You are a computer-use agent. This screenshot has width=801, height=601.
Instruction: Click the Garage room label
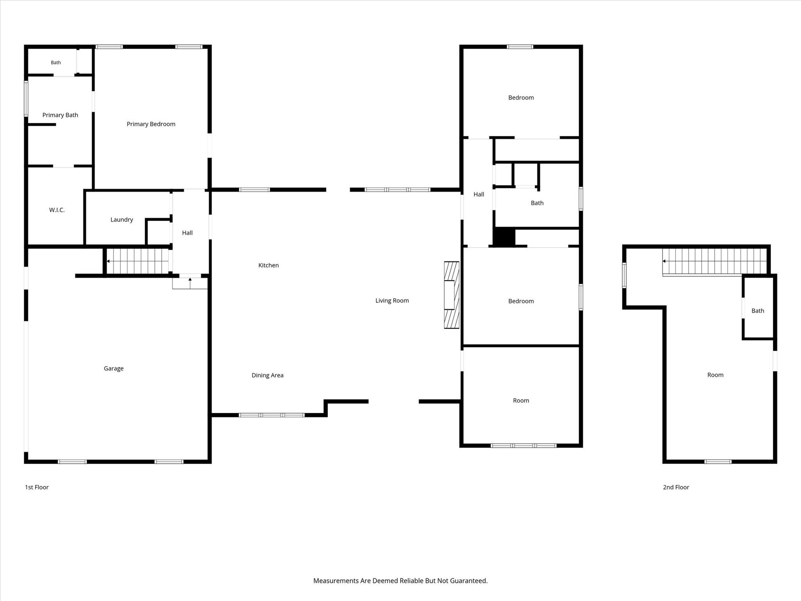(x=113, y=369)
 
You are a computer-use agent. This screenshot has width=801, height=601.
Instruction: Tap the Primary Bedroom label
(x=151, y=124)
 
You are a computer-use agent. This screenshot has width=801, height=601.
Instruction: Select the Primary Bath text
(x=60, y=115)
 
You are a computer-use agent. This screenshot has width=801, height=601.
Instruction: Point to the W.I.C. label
(x=57, y=210)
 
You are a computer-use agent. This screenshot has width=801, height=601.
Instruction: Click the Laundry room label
(x=122, y=220)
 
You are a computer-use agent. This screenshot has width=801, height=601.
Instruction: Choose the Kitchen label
(x=268, y=265)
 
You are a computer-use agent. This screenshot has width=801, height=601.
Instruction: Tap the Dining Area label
(x=268, y=375)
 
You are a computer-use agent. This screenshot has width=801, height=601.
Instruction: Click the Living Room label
(x=392, y=300)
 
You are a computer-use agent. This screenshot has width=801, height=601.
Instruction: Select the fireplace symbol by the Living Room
(x=451, y=295)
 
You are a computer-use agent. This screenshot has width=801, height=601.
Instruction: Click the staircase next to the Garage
(x=138, y=261)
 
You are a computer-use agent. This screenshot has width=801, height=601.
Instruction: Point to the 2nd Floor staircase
(x=714, y=261)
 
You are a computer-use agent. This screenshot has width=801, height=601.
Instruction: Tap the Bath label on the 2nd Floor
(x=758, y=311)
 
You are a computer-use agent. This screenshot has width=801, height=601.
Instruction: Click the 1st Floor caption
(x=37, y=487)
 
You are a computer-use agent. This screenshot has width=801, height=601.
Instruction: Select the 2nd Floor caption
(x=676, y=487)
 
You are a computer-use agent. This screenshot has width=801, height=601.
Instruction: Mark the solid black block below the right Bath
(x=504, y=237)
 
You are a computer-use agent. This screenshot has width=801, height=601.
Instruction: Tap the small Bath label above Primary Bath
(x=56, y=63)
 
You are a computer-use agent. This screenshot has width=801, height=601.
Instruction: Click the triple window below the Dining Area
(x=272, y=415)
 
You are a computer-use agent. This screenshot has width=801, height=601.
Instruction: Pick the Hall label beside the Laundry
(x=187, y=233)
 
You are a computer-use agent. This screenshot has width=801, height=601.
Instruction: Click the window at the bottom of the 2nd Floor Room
(x=718, y=462)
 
